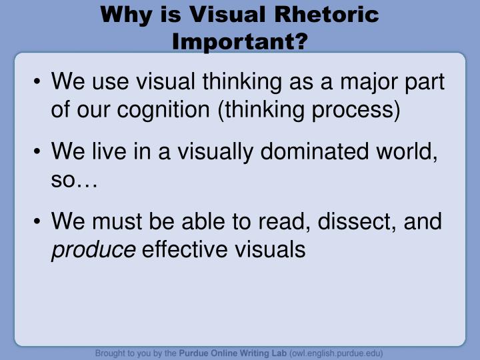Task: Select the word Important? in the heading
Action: [240, 41]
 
